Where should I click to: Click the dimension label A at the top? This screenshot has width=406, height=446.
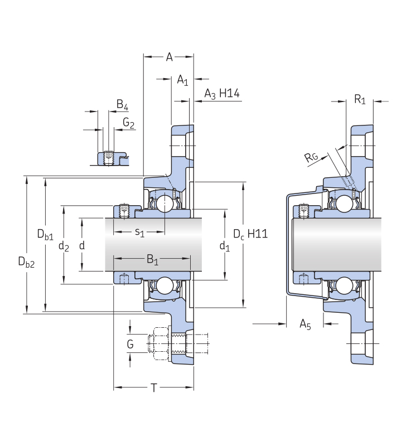(x=170, y=57)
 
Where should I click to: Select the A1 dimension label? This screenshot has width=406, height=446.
(x=182, y=80)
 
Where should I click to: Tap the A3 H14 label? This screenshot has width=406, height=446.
(x=222, y=94)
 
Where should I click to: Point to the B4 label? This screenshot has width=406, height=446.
(x=122, y=105)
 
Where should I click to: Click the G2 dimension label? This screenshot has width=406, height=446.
(x=128, y=123)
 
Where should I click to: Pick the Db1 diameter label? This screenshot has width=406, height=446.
(x=45, y=234)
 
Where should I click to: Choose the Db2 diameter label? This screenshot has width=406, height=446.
(x=26, y=262)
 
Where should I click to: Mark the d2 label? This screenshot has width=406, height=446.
(x=64, y=246)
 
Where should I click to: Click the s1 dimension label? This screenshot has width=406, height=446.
(x=139, y=232)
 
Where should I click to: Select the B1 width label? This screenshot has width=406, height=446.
(x=152, y=259)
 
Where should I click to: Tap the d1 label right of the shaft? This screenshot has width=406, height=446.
(x=225, y=246)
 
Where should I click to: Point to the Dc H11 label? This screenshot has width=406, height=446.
(x=250, y=234)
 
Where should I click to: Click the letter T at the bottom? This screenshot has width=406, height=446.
(x=153, y=387)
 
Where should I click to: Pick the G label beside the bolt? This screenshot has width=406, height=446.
(x=130, y=344)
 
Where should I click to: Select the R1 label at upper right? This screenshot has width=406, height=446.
(x=360, y=99)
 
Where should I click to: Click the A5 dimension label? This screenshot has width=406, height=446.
(x=305, y=324)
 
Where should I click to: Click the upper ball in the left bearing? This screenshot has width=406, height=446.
(x=165, y=203)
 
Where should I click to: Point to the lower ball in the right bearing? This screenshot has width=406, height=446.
(x=344, y=285)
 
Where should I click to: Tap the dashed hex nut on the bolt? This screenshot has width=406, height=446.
(x=159, y=344)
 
